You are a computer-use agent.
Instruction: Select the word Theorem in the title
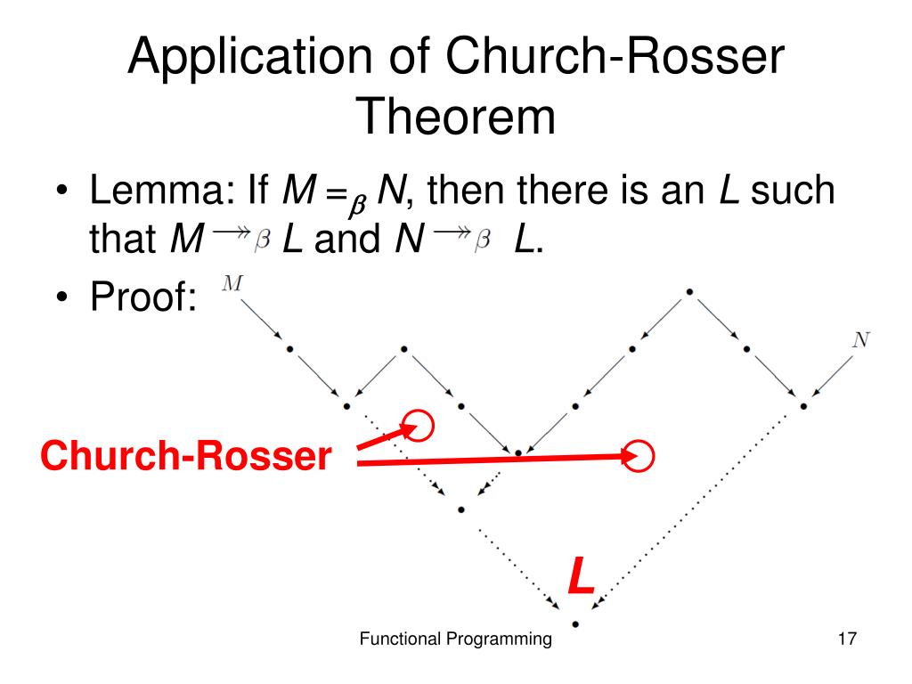[455, 118]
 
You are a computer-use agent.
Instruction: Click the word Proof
[142, 297]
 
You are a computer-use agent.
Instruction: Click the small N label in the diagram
[859, 339]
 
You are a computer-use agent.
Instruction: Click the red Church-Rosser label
[185, 458]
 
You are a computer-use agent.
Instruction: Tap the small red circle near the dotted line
[419, 426]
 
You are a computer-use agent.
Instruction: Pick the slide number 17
[846, 639]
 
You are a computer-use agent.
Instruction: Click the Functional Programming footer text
[455, 639]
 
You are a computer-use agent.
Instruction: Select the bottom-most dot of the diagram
[575, 623]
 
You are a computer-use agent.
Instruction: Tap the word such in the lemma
[793, 190]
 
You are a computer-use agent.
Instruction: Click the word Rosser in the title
[690, 60]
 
